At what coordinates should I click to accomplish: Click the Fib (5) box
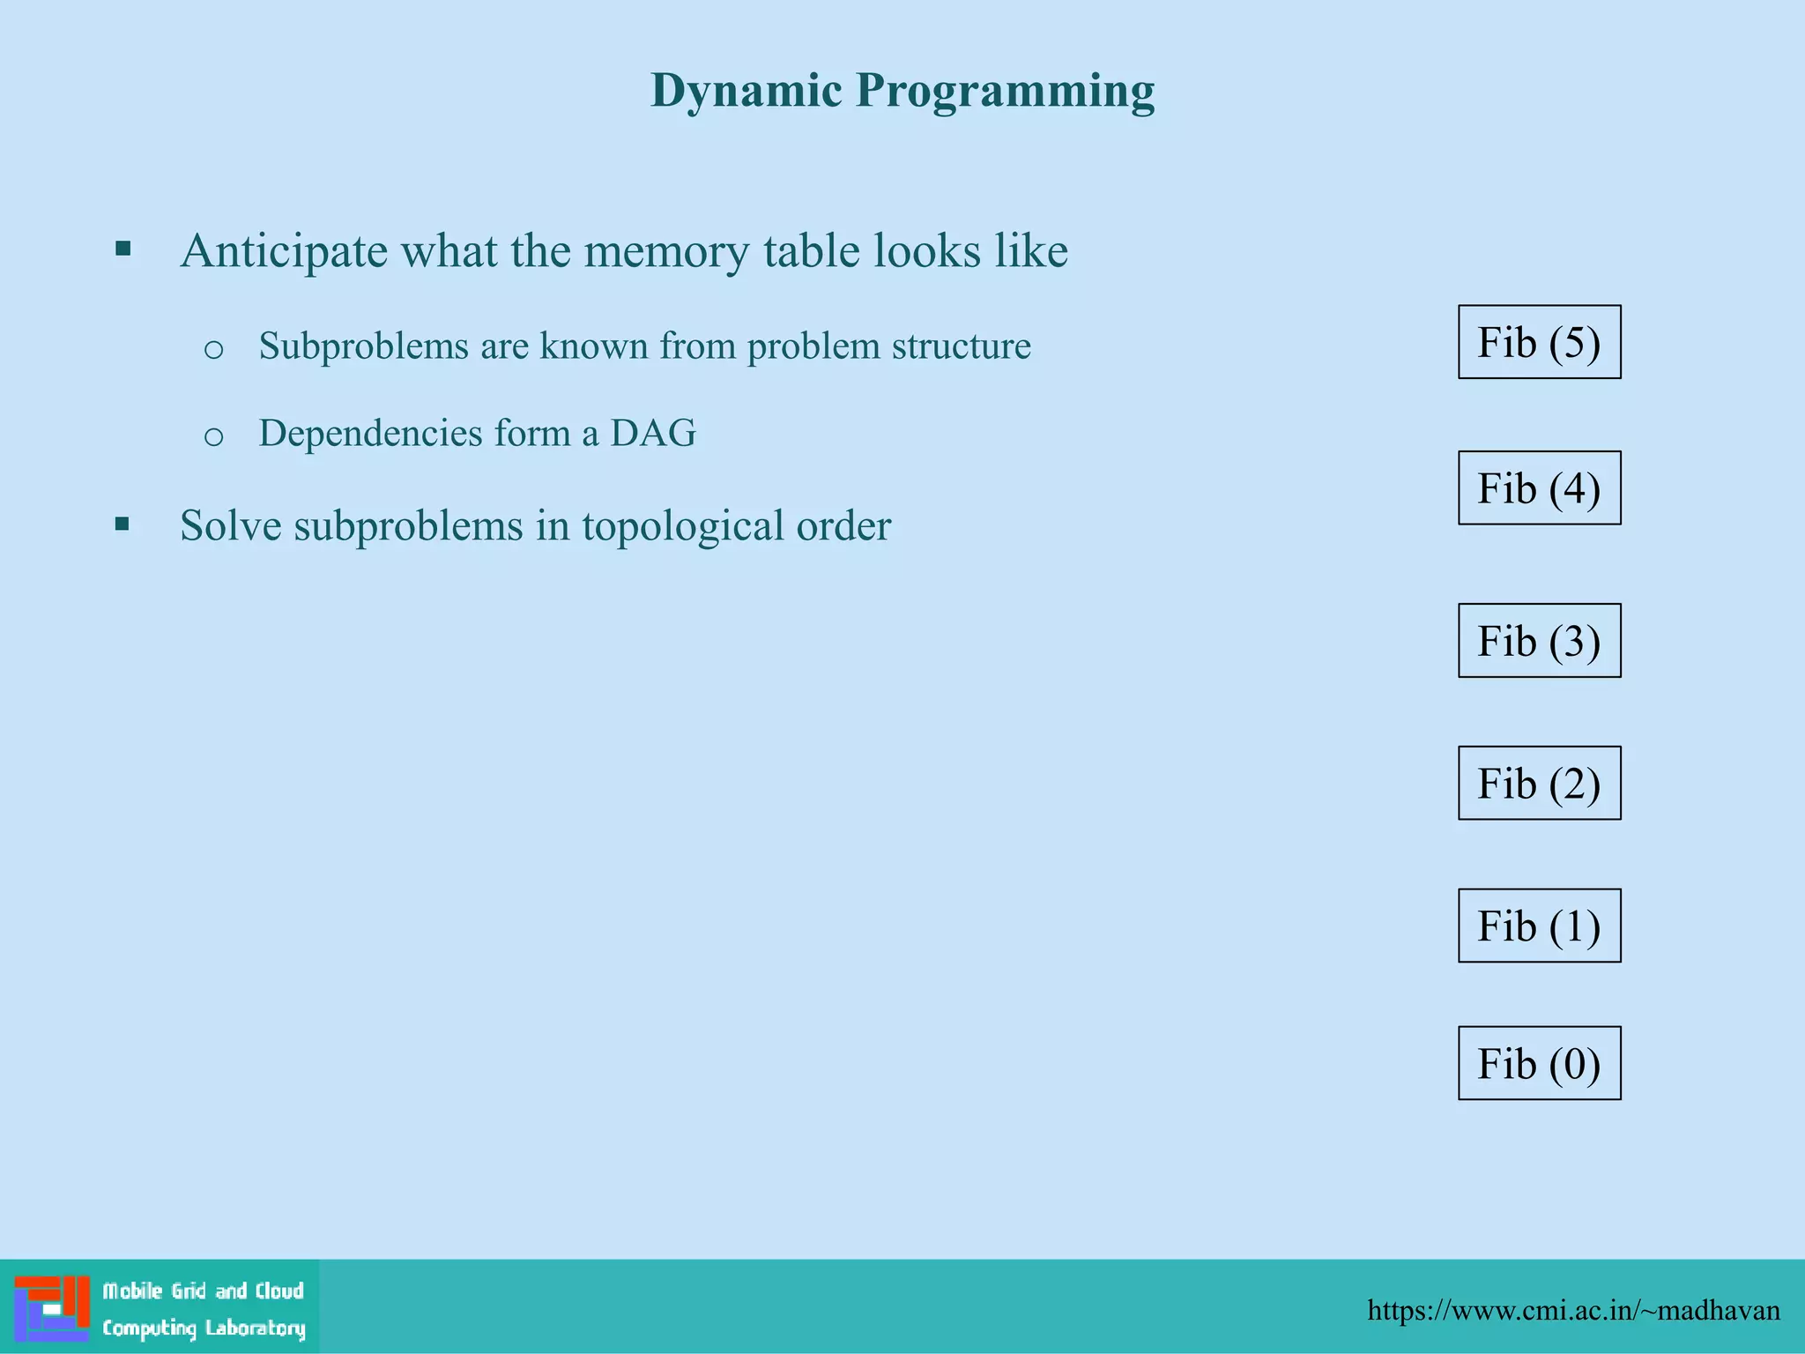tap(1539, 342)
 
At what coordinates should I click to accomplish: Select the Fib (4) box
tap(1539, 488)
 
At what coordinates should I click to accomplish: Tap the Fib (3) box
tap(1539, 641)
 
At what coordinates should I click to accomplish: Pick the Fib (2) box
tap(1539, 784)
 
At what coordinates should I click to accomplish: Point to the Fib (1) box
tap(1539, 926)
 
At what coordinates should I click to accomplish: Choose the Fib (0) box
tap(1539, 1063)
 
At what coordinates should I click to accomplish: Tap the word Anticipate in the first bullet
tap(284, 251)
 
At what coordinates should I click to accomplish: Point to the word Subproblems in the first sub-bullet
tap(363, 346)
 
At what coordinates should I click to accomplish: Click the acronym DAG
tap(653, 433)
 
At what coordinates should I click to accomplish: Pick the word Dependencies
tap(370, 434)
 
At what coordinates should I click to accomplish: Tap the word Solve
tap(230, 525)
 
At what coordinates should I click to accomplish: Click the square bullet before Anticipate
tap(123, 249)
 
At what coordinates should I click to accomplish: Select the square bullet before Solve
tap(123, 525)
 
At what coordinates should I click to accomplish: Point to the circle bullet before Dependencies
tap(213, 435)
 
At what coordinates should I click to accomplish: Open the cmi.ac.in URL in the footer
tap(1573, 1311)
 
